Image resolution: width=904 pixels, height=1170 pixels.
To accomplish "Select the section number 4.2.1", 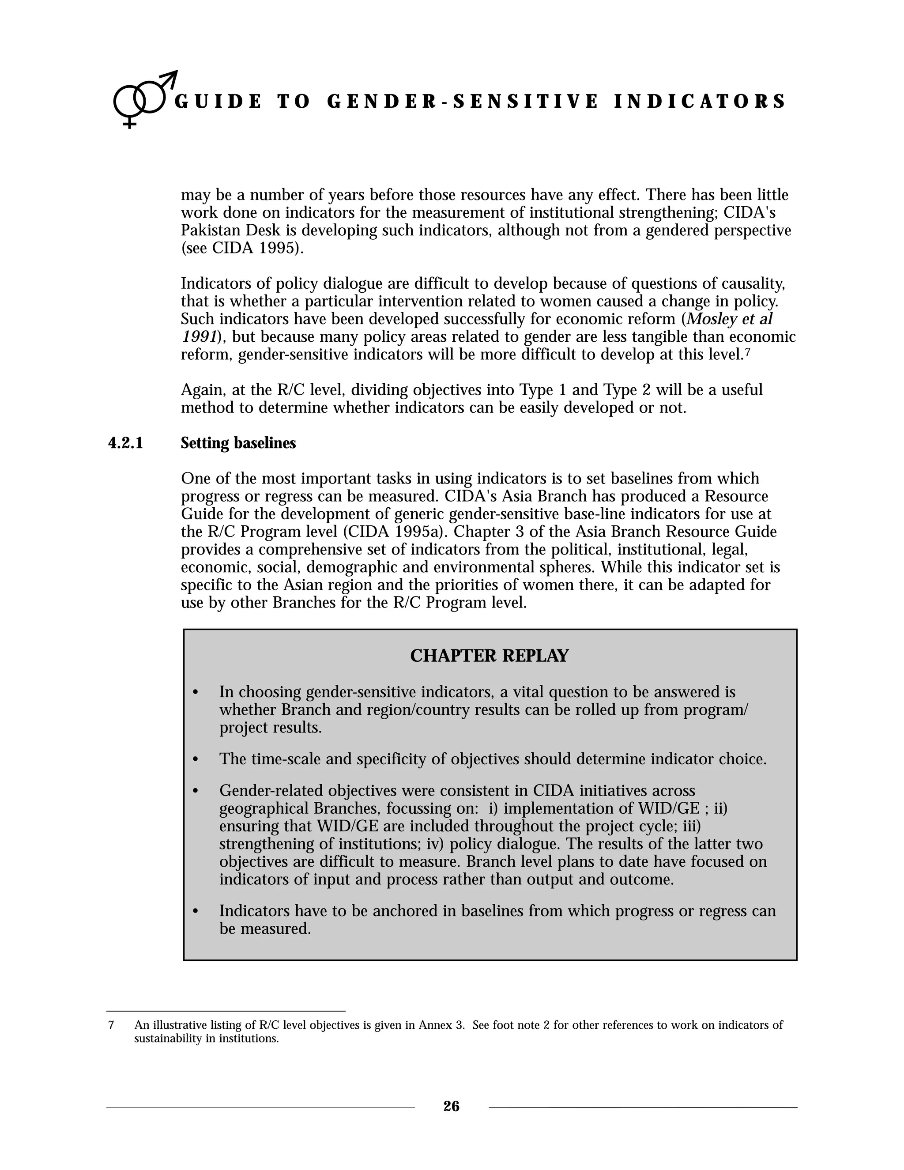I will tap(126, 444).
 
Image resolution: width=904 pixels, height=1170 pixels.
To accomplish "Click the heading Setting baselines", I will tap(238, 444).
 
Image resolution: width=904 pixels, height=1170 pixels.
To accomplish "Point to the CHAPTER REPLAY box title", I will tap(489, 656).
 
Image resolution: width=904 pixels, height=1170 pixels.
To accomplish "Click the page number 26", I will tap(452, 1106).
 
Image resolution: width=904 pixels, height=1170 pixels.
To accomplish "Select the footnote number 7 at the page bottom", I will tap(111, 1025).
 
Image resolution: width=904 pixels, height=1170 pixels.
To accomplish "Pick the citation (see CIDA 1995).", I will tap(242, 249).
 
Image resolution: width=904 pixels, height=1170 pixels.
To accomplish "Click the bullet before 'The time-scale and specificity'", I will tap(196, 760).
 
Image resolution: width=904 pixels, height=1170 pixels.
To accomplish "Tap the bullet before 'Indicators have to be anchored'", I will tap(196, 911).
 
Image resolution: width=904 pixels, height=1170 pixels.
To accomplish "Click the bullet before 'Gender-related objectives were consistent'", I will tap(196, 791).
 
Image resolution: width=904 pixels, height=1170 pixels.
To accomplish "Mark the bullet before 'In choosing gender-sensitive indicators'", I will tap(196, 693).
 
